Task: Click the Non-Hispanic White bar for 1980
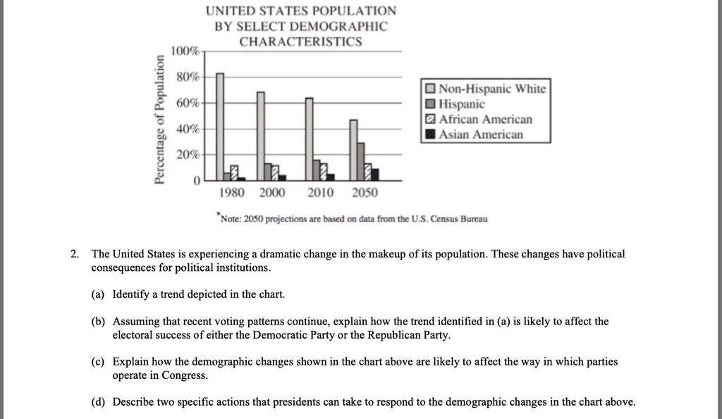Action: pos(220,127)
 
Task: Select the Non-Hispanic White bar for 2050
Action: pos(354,150)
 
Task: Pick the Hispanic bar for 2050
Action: pos(361,162)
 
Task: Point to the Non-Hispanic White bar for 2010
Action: pos(309,139)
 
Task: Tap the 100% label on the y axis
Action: pos(187,52)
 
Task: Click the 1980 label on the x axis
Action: pos(232,193)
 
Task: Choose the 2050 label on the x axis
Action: pos(365,193)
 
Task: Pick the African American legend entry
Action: pos(479,119)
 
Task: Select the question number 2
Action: pos(75,254)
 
